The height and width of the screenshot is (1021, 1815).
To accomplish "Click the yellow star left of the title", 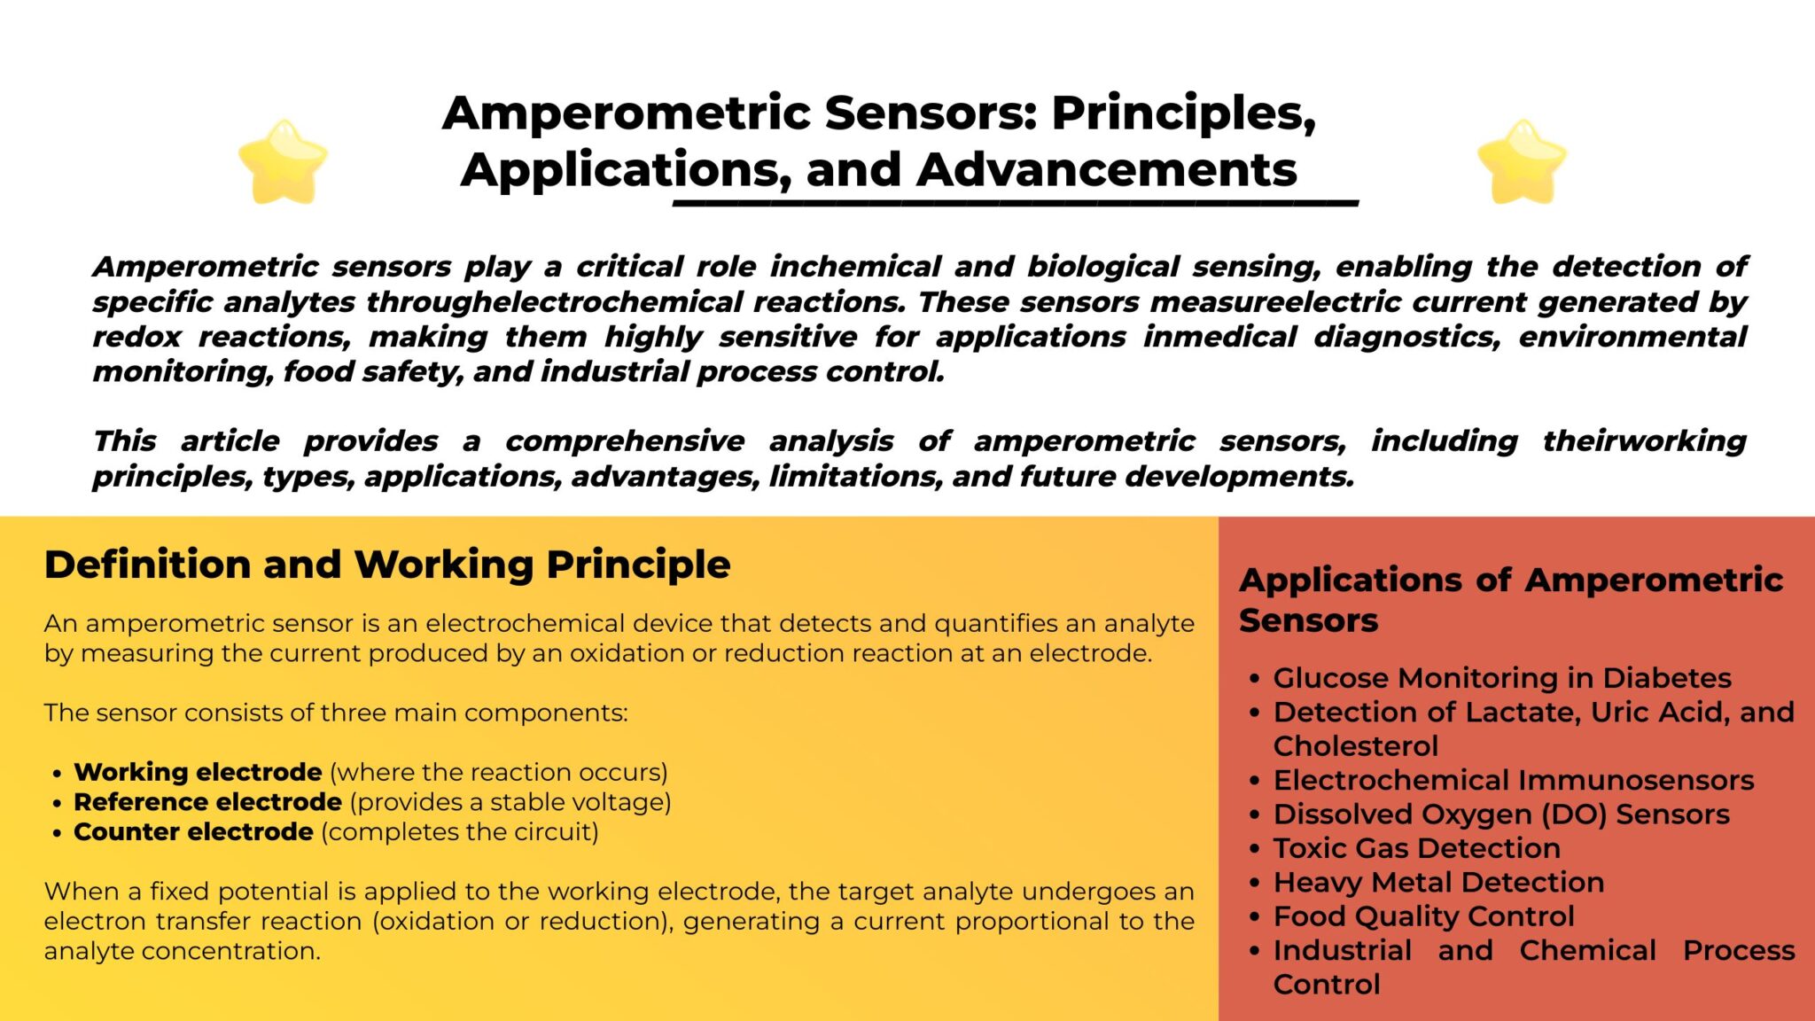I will [x=283, y=163].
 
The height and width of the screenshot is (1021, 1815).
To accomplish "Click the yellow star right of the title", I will [x=1522, y=163].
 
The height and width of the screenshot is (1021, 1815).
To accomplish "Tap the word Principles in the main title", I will [x=1184, y=113].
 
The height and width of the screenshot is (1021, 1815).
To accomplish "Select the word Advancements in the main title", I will [x=1107, y=170].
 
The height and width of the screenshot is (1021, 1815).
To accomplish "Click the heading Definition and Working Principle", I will [x=387, y=565].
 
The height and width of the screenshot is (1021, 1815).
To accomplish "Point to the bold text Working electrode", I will [x=198, y=772].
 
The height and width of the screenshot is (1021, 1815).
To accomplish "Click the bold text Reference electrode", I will [x=207, y=802].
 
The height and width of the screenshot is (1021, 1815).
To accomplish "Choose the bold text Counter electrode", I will [x=193, y=832].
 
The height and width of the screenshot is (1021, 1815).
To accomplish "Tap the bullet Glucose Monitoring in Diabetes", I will [x=1501, y=678].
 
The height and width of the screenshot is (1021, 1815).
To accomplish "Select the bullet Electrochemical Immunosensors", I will [x=1513, y=780].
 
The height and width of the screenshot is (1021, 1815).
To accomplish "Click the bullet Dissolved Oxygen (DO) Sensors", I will [x=1500, y=814].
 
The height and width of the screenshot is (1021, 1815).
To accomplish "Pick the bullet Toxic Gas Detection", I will [x=1416, y=848].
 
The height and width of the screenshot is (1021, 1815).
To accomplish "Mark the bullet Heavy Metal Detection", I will [x=1438, y=883].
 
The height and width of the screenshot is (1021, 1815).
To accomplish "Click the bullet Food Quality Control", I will [x=1423, y=916].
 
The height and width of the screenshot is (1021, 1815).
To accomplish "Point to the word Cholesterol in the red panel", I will [x=1355, y=746].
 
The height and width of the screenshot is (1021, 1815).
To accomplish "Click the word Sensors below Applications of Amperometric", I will [x=1308, y=620].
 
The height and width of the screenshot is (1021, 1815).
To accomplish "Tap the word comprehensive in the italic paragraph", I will [x=625, y=440].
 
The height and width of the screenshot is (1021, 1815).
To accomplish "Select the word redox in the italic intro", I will [x=136, y=337].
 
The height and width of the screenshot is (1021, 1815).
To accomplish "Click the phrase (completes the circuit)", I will [x=460, y=832].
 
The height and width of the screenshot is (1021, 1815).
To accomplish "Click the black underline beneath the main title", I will [x=1015, y=204].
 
